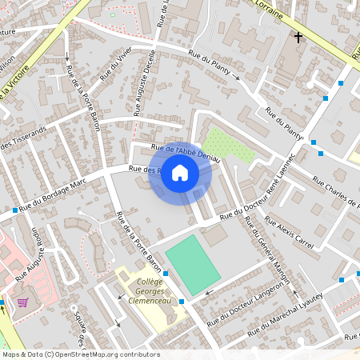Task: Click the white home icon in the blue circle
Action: [180, 172]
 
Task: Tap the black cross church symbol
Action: [298, 37]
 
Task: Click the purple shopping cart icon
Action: [22, 302]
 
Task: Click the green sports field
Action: [192, 264]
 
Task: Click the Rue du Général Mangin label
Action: [269, 249]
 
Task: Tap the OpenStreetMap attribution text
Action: [80, 354]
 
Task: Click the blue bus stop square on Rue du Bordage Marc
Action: [15, 210]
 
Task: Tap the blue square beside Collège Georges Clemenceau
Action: [182, 301]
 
